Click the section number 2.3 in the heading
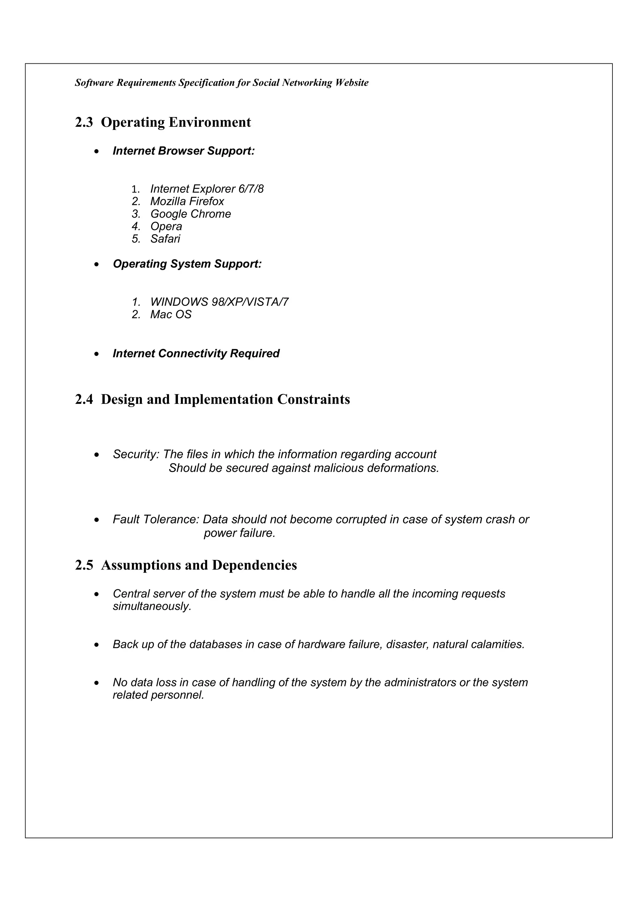(84, 122)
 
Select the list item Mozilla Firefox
(187, 201)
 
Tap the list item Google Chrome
(190, 214)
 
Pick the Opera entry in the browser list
(166, 226)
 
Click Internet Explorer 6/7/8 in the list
(207, 189)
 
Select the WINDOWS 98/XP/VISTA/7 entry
(219, 302)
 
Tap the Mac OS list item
(171, 314)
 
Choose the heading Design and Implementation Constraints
(225, 400)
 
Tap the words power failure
(239, 533)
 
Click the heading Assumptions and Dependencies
(199, 565)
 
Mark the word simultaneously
(152, 606)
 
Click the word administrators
(420, 682)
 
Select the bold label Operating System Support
(187, 264)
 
